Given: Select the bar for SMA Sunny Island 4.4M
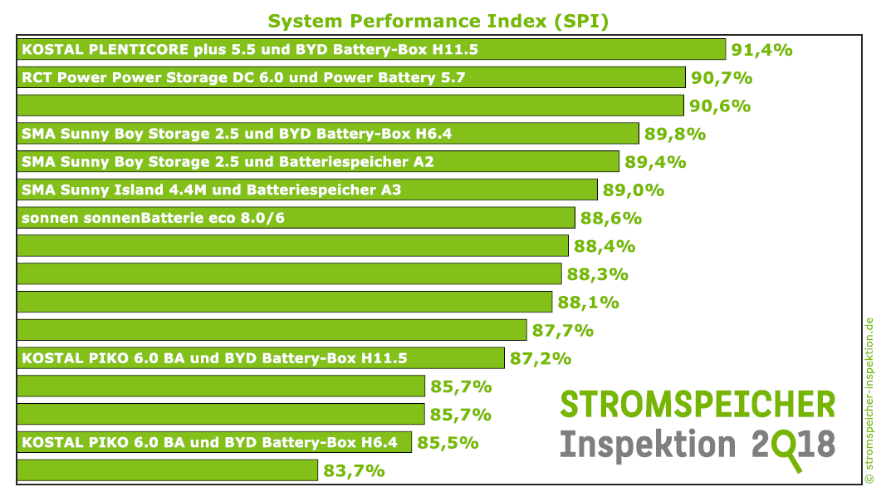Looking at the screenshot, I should pos(306,189).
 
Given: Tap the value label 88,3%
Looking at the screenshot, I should pos(597,274).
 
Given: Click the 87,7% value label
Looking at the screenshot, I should pos(562,330).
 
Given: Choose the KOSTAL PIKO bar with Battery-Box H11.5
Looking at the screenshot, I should pos(260,358).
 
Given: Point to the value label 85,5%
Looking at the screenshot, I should pos(448,443).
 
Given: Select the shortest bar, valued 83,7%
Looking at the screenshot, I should pos(167,470).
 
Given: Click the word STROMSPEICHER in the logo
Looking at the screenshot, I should pos(698,405).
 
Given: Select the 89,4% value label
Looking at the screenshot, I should pos(655,162).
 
